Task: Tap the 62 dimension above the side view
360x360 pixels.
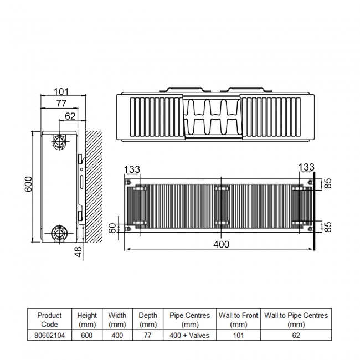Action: pyautogui.click(x=70, y=116)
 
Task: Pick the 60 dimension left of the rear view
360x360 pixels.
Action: pyautogui.click(x=113, y=227)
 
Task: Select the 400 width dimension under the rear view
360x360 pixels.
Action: pyautogui.click(x=222, y=244)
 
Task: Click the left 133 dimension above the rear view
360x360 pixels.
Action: pyautogui.click(x=132, y=168)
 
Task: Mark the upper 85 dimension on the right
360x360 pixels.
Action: pyautogui.click(x=327, y=183)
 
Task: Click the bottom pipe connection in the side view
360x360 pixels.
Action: pyautogui.click(x=59, y=233)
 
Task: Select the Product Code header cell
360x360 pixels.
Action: pyautogui.click(x=49, y=320)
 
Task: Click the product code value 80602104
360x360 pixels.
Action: pyautogui.click(x=49, y=336)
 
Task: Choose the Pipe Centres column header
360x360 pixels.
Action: pyautogui.click(x=189, y=320)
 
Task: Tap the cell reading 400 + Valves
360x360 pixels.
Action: pyautogui.click(x=189, y=336)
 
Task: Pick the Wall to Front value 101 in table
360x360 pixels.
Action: pyautogui.click(x=238, y=336)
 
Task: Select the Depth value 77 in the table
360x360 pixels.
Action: pyautogui.click(x=147, y=336)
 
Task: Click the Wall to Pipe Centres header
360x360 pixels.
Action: pyautogui.click(x=296, y=320)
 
